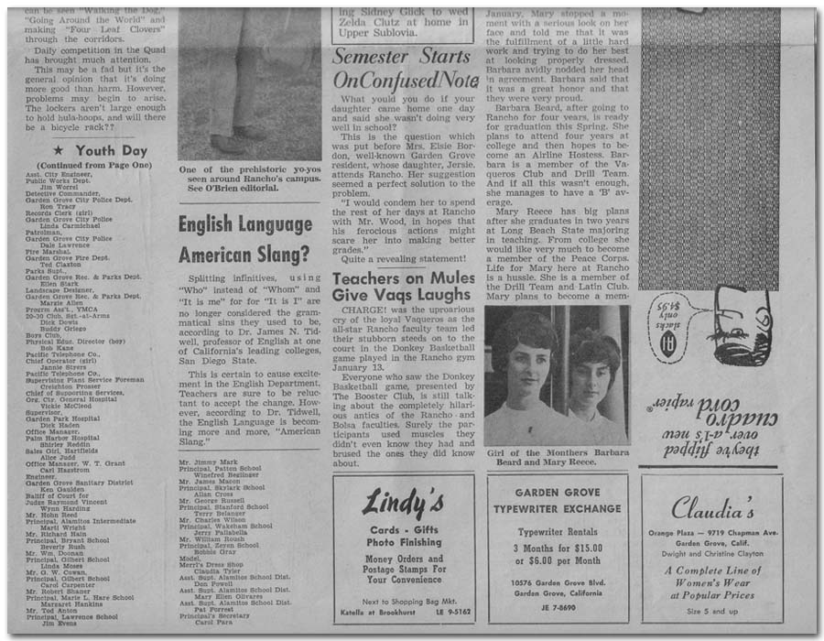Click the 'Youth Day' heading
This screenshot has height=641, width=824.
pos(111,151)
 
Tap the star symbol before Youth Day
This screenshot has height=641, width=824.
pos(59,151)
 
